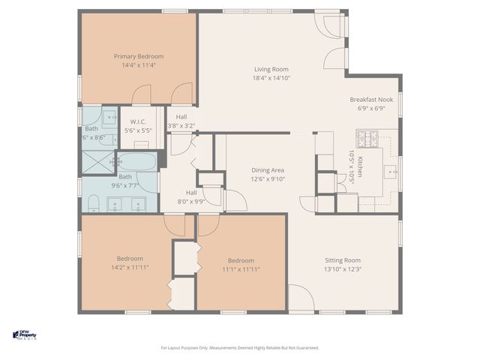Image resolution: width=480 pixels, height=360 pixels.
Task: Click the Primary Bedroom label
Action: coord(139,56)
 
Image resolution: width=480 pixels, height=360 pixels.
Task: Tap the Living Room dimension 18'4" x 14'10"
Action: coord(271,78)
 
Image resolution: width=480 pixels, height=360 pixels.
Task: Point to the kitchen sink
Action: coord(391,172)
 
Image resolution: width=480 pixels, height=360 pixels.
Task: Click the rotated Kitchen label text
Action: coord(359,163)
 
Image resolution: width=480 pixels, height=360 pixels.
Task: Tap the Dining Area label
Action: coord(267,170)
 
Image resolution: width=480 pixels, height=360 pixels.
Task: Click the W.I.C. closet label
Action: coord(138,121)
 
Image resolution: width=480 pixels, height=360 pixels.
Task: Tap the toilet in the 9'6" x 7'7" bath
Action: coord(94,203)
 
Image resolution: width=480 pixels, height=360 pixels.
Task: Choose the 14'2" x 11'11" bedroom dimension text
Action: coord(129,267)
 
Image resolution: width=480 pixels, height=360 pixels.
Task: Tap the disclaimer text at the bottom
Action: coord(240,347)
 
